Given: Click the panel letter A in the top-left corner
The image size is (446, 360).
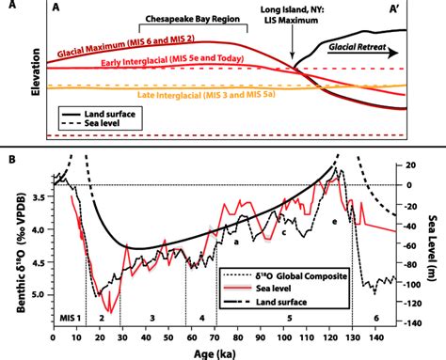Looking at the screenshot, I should [x=59, y=9].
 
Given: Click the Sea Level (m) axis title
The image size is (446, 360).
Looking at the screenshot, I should [x=437, y=241].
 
